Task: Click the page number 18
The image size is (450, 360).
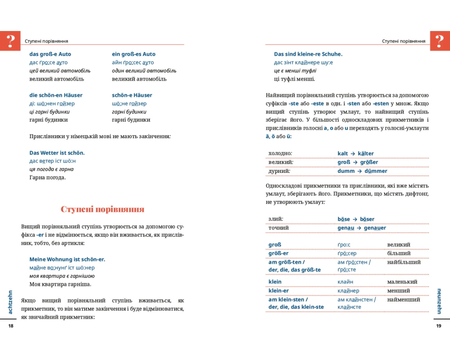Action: point(11,326)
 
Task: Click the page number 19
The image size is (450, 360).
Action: point(439,326)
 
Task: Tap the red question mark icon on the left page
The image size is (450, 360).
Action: point(10,40)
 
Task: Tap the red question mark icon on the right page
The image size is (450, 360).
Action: point(440,40)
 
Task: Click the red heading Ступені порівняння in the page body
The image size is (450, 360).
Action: point(103,209)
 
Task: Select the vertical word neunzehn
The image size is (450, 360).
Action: point(439,301)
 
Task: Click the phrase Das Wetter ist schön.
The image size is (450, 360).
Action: point(57,153)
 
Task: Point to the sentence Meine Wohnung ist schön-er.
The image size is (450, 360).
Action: point(67,259)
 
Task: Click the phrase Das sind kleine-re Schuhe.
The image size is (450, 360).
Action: point(308,54)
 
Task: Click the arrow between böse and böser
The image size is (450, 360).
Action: point(355,219)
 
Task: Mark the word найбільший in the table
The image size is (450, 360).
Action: point(404,262)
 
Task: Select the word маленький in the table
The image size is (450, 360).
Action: point(402,282)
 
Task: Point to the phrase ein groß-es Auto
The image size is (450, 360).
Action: point(134,54)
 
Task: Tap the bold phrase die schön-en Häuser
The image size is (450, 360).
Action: point(56,95)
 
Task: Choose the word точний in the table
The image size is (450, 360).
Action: point(279,228)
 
